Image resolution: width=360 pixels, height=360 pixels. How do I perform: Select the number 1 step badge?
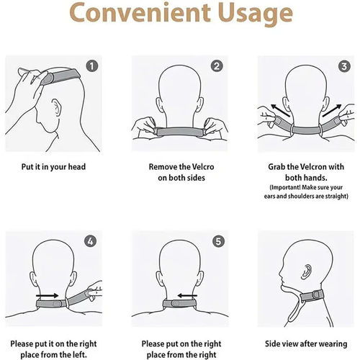[91, 66]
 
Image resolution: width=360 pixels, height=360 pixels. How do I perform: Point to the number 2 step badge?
[217, 66]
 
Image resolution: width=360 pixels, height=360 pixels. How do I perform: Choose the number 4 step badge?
[91, 240]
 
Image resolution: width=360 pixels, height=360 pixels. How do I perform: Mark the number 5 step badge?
[217, 240]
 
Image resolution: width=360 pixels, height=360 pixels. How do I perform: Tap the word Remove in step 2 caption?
[165, 167]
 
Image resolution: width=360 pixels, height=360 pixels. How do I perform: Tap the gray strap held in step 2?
[180, 130]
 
